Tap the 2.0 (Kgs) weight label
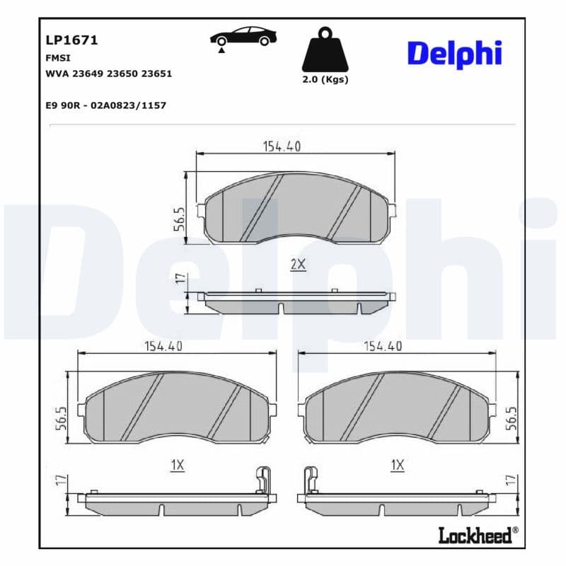[325, 79]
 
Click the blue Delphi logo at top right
[454, 54]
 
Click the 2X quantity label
[298, 264]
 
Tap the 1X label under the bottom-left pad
[177, 465]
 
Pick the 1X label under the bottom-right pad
[397, 465]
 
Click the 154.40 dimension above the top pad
[282, 146]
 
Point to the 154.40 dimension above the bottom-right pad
[383, 346]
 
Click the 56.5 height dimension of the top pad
[180, 219]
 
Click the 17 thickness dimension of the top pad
[180, 279]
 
